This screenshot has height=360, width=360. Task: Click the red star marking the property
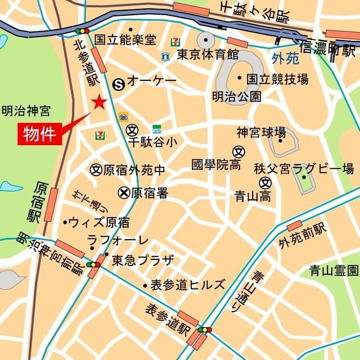[100, 102]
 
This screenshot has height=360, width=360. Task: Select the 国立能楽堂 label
[125, 39]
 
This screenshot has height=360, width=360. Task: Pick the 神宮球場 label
[260, 133]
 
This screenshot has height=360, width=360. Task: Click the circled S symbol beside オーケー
[119, 83]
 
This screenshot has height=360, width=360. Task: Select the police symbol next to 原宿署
[123, 193]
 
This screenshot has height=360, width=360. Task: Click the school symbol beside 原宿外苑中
[96, 169]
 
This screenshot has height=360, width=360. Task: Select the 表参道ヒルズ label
[187, 285]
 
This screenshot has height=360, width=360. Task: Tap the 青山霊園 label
[333, 271]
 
